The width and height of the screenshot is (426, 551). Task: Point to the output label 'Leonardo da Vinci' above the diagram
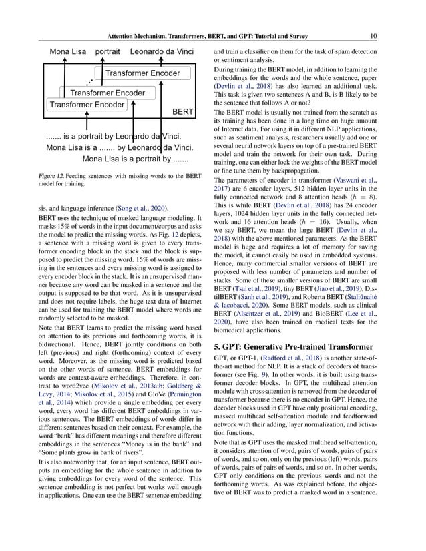[x=165, y=51]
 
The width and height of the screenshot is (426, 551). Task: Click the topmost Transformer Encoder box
[x=142, y=73]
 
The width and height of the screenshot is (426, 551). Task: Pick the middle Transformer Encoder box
[x=108, y=93]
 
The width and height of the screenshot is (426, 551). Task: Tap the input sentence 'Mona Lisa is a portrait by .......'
[x=134, y=159]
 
